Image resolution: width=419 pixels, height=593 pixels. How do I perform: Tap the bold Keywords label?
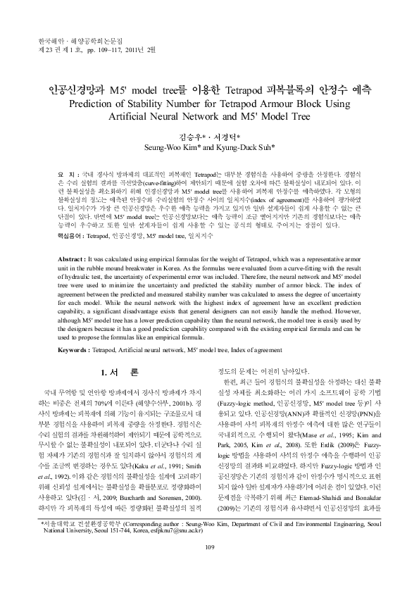tap(73, 349)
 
